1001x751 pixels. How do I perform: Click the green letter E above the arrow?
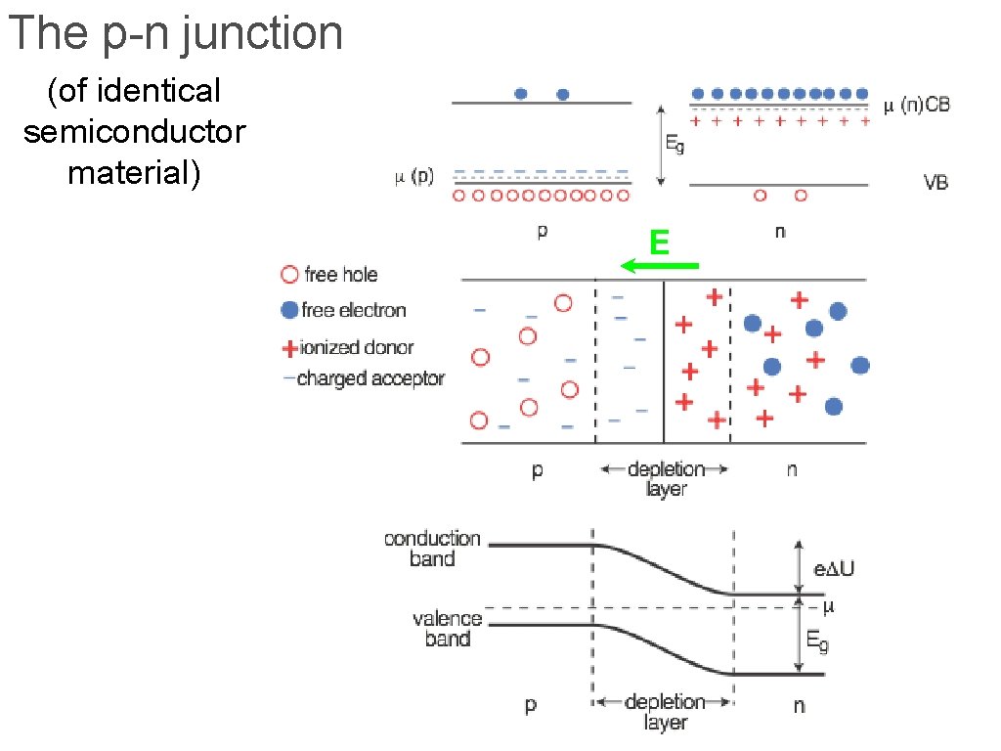(660, 243)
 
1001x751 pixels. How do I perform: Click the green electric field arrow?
(660, 265)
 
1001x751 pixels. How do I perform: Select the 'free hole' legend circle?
(289, 275)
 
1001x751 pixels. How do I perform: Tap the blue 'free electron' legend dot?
(289, 310)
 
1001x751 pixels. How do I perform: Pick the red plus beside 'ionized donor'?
(289, 348)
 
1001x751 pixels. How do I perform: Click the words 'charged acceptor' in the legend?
(370, 378)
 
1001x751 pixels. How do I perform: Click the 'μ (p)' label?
(414, 176)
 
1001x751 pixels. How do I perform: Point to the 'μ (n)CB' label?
(917, 105)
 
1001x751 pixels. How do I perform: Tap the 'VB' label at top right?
(936, 183)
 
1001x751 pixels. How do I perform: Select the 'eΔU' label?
(834, 568)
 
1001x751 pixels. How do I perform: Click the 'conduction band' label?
(432, 549)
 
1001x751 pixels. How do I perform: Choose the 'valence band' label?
(447, 629)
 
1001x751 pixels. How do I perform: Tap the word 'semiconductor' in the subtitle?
(135, 132)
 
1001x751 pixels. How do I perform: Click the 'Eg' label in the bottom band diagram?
(818, 641)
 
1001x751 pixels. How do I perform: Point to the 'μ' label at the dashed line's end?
(829, 606)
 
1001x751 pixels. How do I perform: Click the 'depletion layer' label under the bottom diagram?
(665, 712)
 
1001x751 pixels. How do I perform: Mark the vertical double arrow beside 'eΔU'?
(798, 567)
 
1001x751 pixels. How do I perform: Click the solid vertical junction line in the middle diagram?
(664, 362)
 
